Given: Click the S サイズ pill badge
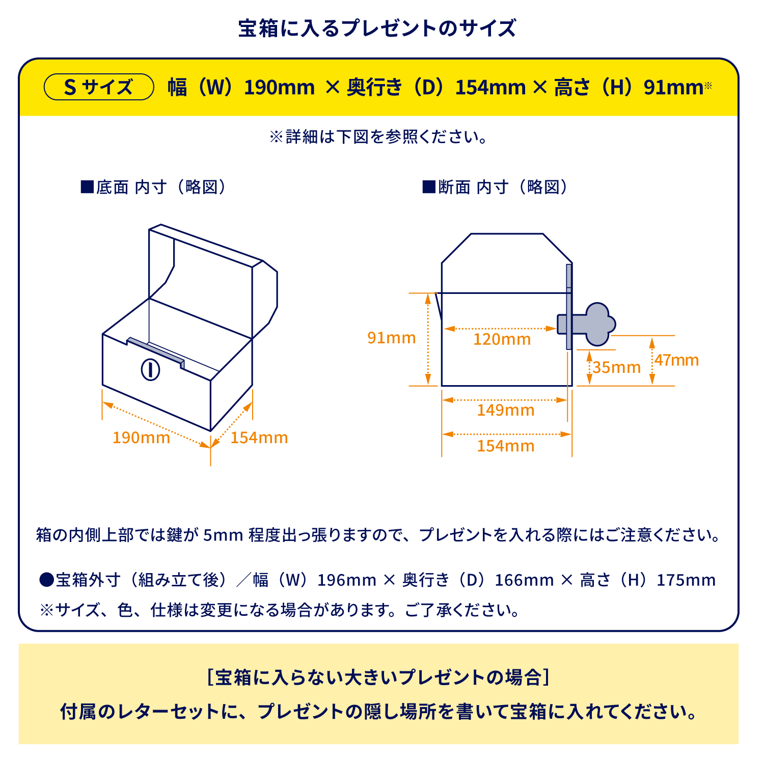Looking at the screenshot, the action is point(99,87).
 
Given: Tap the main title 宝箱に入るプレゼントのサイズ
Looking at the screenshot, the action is point(377,28).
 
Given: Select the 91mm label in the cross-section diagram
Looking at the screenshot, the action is point(392,338).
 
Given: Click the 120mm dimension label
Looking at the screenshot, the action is point(502,339).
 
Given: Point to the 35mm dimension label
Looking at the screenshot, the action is point(616,367).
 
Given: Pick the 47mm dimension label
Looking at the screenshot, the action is point(676,360).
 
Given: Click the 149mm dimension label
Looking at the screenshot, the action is point(506,410).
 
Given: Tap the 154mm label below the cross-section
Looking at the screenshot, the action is point(506,446).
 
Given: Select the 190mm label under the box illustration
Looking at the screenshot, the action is point(141,438).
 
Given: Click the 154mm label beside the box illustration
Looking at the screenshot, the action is point(259,438).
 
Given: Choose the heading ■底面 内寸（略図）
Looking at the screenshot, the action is point(153,187).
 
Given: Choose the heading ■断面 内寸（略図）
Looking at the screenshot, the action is point(495,187).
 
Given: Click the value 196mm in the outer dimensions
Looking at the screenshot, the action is point(347,580).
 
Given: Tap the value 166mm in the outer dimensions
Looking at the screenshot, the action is point(525,580).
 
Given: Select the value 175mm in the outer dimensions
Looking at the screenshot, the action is point(686,580).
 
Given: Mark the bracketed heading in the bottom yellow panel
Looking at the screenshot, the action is point(378,677).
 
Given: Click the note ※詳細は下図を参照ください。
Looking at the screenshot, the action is point(379,137).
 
